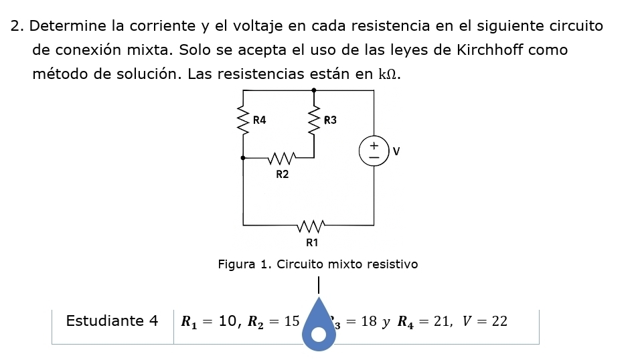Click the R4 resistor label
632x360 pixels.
pyautogui.click(x=260, y=120)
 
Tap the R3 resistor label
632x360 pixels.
pyautogui.click(x=330, y=120)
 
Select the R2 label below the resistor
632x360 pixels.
pyautogui.click(x=283, y=174)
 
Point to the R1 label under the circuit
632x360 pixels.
pyautogui.click(x=312, y=241)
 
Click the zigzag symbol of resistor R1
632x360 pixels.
pyautogui.click(x=312, y=224)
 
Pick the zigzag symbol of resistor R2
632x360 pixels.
pyautogui.click(x=281, y=159)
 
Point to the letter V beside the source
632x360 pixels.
pyautogui.click(x=396, y=151)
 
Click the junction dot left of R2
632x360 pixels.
pyautogui.click(x=243, y=159)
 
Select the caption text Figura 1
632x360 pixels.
pyautogui.click(x=241, y=264)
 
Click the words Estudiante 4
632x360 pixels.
pyautogui.click(x=112, y=321)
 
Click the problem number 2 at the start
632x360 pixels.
pyautogui.click(x=16, y=27)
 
